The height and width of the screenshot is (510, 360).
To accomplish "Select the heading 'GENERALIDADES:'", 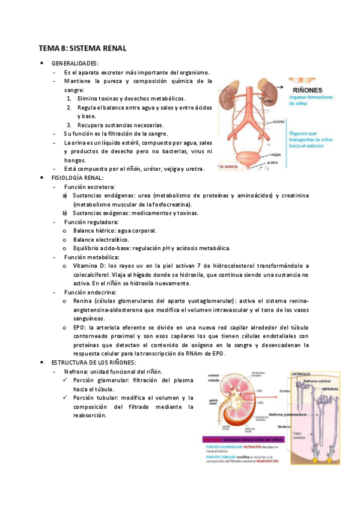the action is (x=76, y=63).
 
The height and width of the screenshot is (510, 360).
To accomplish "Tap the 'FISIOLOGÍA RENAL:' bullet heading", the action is (x=78, y=178).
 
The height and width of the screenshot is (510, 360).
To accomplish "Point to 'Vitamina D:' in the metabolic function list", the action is (x=90, y=265).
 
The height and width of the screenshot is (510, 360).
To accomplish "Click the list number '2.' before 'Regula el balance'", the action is (x=69, y=107).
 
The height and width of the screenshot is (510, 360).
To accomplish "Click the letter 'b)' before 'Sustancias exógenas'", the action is (x=65, y=213).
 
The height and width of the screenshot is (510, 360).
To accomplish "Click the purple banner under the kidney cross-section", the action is (x=240, y=440).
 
